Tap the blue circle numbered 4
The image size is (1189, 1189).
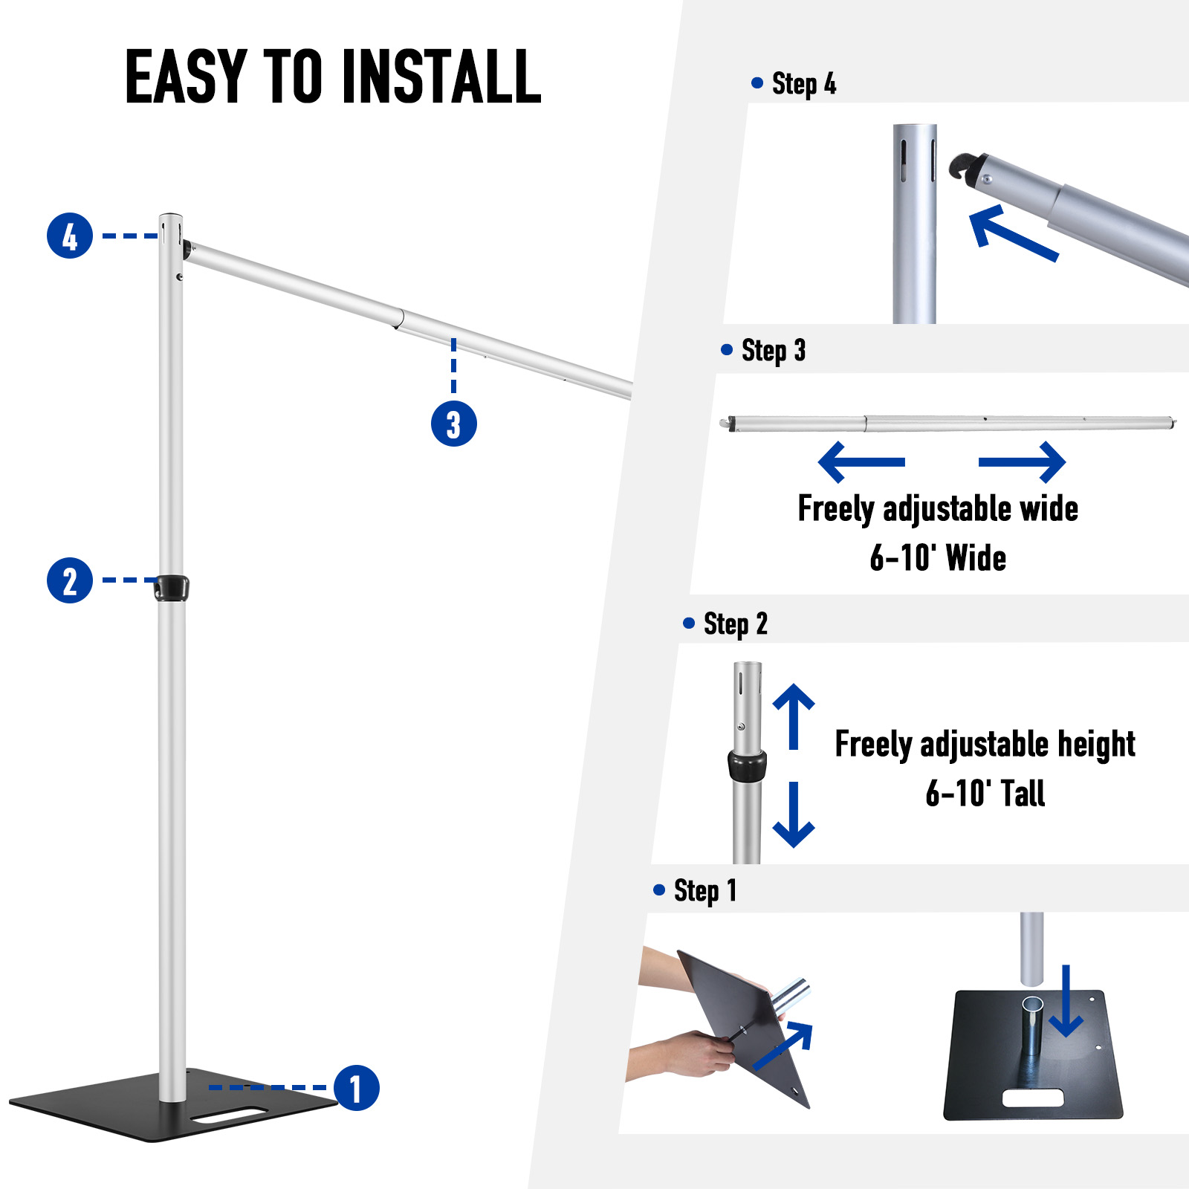(70, 236)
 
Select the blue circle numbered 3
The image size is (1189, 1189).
(453, 424)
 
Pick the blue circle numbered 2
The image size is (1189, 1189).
(70, 580)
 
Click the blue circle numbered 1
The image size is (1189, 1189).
(357, 1089)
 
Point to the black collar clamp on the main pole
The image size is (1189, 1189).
(172, 588)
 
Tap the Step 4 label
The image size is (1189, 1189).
(803, 83)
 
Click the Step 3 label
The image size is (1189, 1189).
(773, 350)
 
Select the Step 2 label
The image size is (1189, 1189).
(735, 624)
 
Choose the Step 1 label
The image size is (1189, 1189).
(704, 890)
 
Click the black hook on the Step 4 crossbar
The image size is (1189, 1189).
(964, 166)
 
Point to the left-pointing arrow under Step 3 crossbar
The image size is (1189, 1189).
(861, 462)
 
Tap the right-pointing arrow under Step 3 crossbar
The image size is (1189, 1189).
(1023, 462)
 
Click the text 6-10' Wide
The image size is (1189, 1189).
(938, 558)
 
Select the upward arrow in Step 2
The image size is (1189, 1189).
(794, 715)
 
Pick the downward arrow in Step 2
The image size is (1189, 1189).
(794, 815)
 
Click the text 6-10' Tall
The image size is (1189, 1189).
(985, 794)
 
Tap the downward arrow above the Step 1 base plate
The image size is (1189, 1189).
(1066, 1002)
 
